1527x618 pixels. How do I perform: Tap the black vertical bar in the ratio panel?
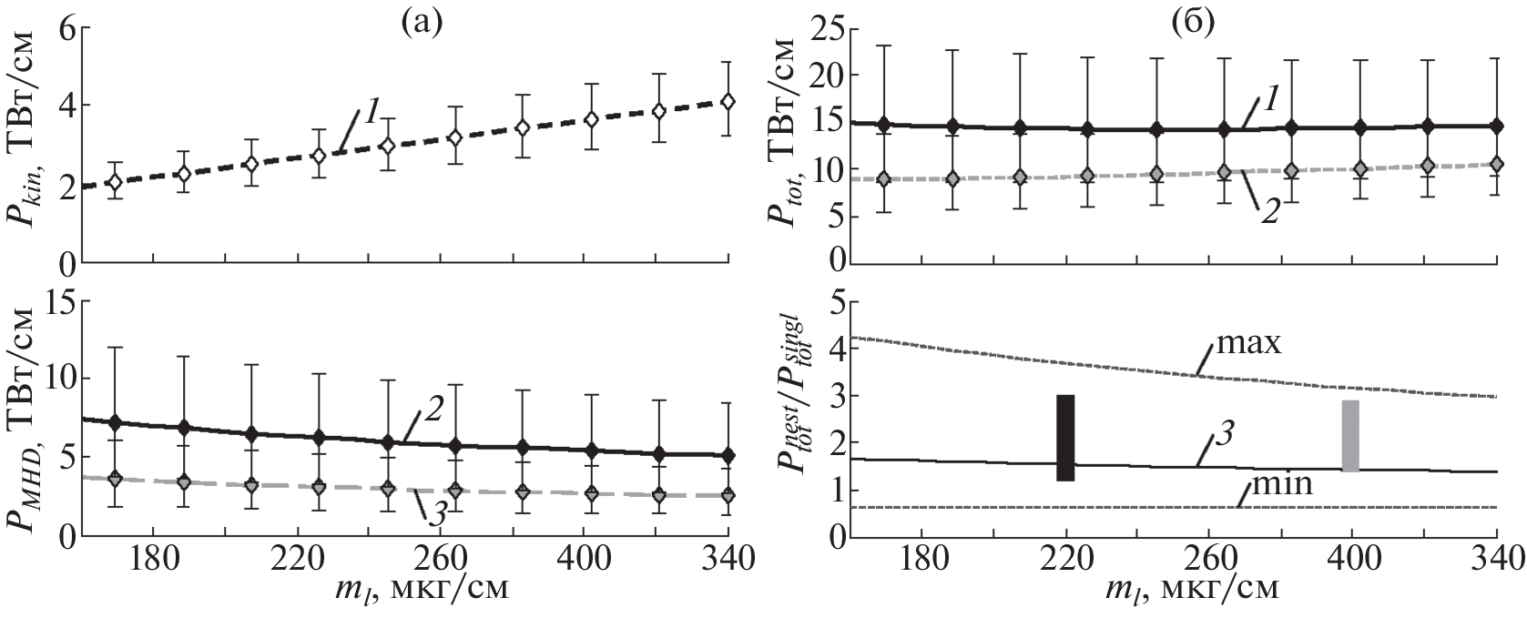pyautogui.click(x=1065, y=438)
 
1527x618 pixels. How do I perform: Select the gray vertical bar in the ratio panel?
pyautogui.click(x=1350, y=436)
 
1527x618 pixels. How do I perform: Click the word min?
pyautogui.click(x=1282, y=484)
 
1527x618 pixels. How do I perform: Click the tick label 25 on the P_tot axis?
pyautogui.click(x=820, y=28)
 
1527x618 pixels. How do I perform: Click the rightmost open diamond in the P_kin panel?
pyautogui.click(x=728, y=101)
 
